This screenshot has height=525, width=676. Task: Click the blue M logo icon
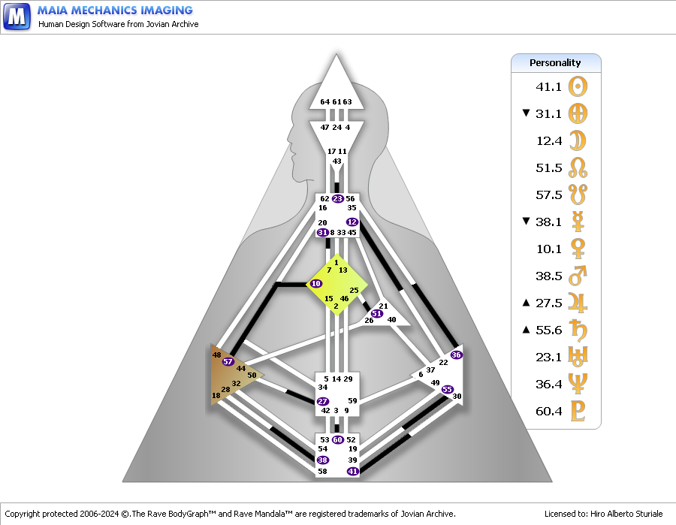tap(17, 17)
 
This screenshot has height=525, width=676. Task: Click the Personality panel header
tap(556, 63)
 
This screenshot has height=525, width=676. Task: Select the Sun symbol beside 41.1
tap(578, 86)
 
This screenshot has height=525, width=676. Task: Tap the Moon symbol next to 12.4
tap(578, 140)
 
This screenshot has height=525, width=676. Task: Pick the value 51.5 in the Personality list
tap(549, 167)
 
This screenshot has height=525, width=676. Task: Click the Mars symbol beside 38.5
tap(578, 276)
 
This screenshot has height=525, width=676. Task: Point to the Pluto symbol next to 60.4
tap(578, 411)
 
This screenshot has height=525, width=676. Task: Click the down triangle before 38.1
tap(526, 221)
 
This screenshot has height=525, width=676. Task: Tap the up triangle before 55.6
tap(526, 330)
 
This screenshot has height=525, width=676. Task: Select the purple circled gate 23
tap(338, 199)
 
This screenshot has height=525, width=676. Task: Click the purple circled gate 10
tap(316, 284)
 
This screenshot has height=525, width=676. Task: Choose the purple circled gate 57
tap(228, 361)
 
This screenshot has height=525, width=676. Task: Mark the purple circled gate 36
tap(456, 355)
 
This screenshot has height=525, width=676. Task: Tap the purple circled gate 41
tap(353, 471)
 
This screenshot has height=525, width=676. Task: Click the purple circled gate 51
tap(377, 313)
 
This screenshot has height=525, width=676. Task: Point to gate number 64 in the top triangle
tap(325, 101)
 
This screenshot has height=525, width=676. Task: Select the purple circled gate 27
tap(322, 401)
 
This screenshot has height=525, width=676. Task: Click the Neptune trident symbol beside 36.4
tap(578, 384)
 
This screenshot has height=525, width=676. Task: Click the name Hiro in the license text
tap(598, 514)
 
